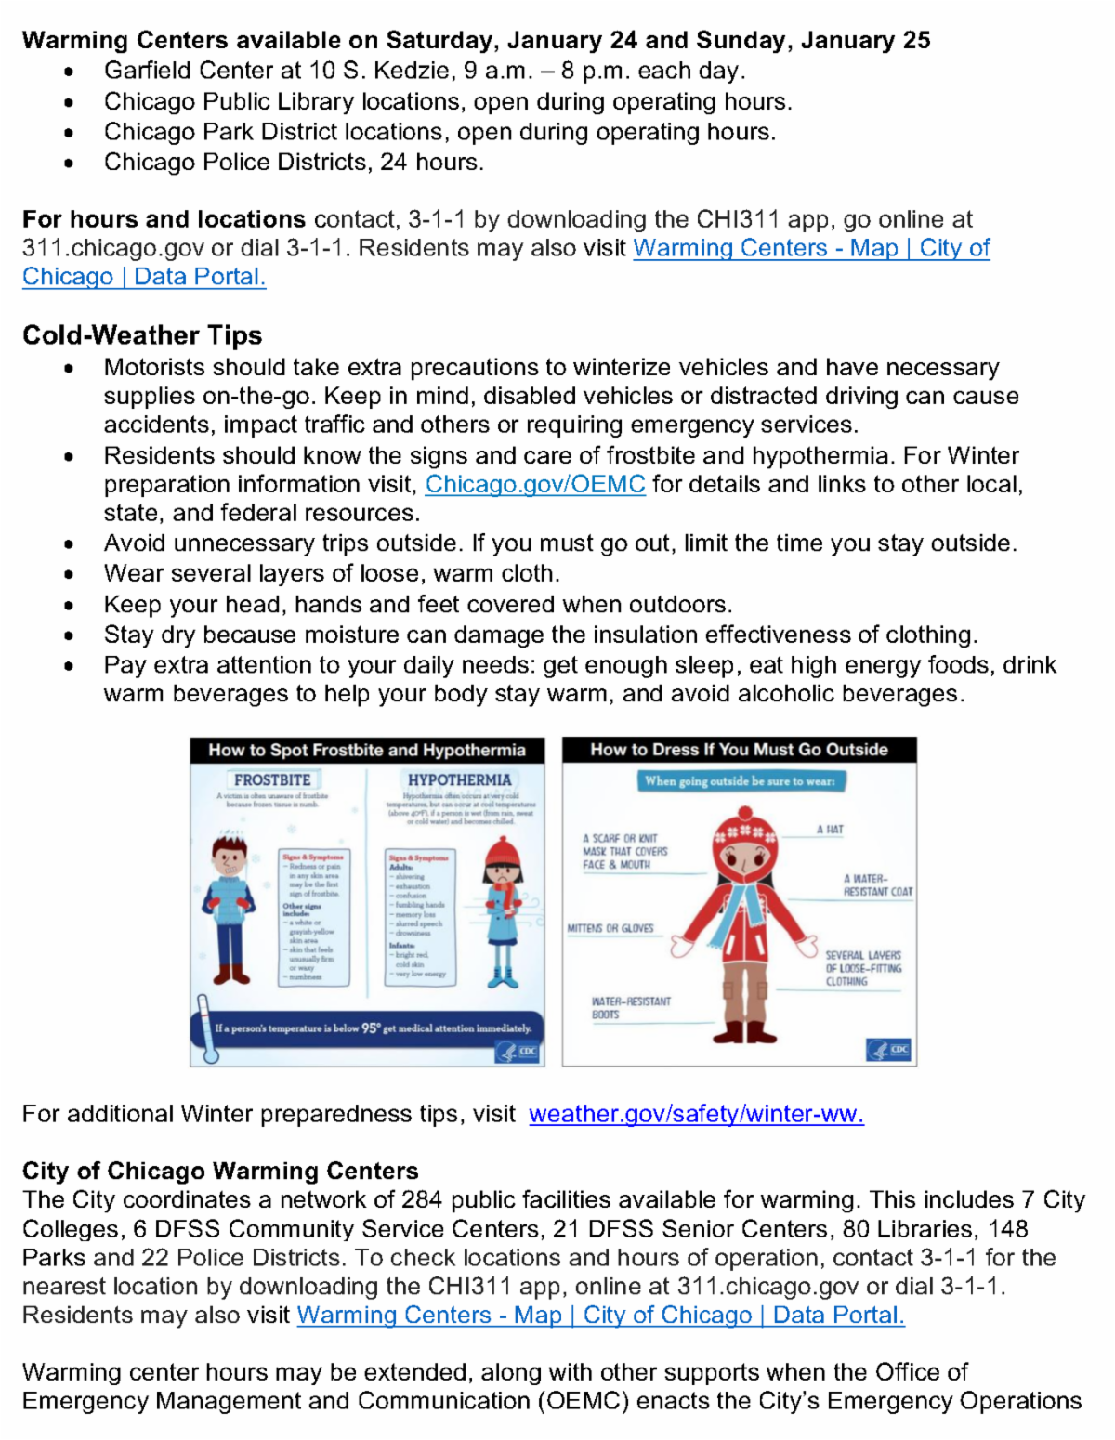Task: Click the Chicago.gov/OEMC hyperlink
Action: tap(535, 484)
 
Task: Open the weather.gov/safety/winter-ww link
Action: tap(696, 1114)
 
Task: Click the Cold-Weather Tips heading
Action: tap(142, 335)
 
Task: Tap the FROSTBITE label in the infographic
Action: tap(272, 780)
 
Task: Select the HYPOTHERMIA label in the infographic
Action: tap(459, 780)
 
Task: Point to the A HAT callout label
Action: tap(831, 830)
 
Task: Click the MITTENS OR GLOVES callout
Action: tap(610, 928)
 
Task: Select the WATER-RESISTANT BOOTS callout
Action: tap(631, 1008)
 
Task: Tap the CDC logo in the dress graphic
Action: tap(890, 1050)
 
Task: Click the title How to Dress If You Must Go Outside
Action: tap(739, 750)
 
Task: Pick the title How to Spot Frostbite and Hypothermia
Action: tap(367, 750)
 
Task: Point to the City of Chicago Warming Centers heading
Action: tap(220, 1171)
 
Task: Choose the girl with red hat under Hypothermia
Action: tap(503, 910)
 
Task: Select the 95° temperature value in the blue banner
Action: tap(370, 1028)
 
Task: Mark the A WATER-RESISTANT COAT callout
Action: tap(877, 885)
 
